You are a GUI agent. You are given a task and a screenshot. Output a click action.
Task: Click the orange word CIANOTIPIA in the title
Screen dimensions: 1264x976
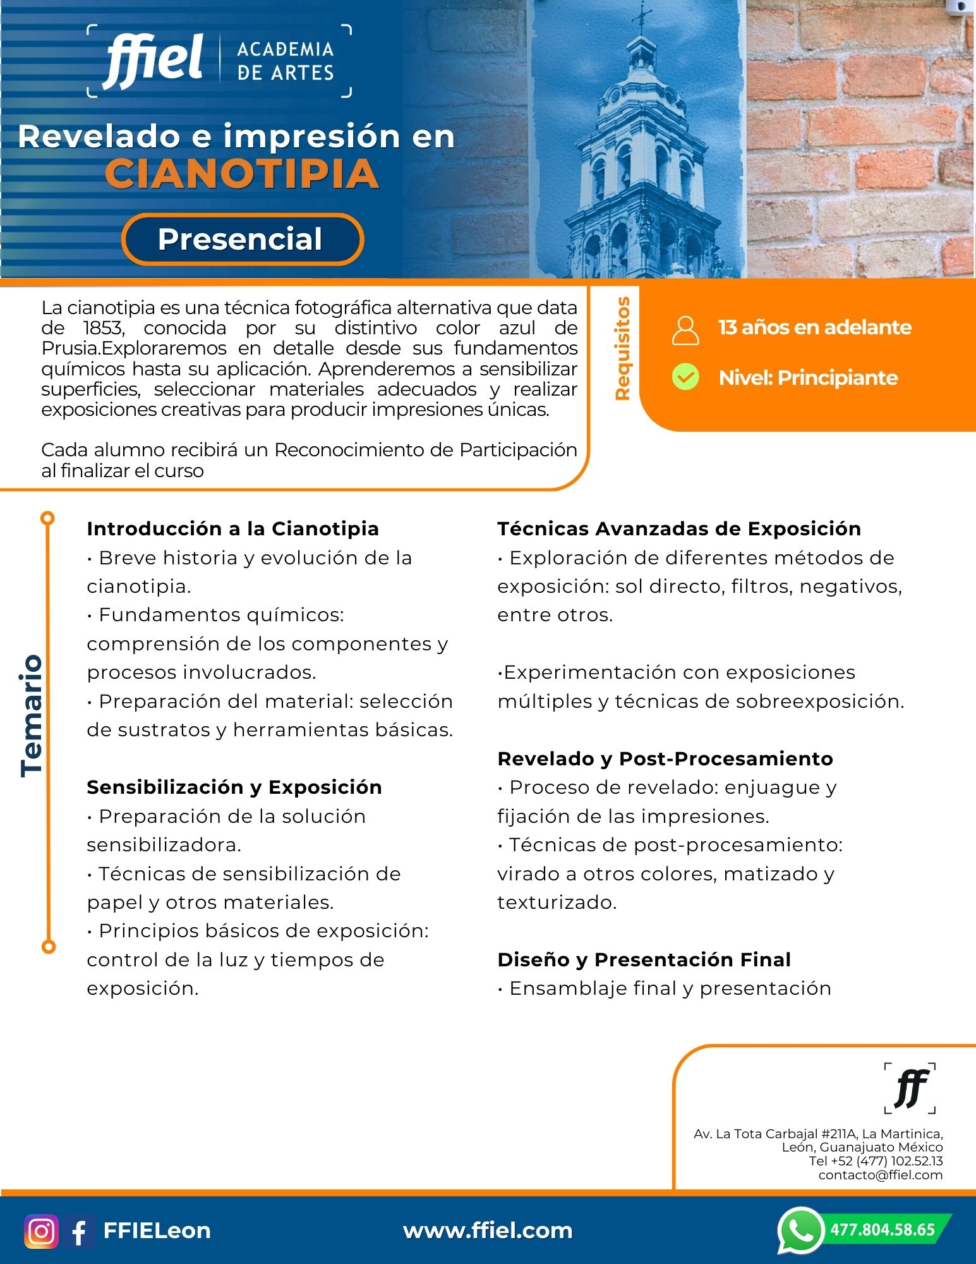tap(242, 174)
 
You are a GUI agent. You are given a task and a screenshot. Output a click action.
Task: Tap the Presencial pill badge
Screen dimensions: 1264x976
tap(242, 240)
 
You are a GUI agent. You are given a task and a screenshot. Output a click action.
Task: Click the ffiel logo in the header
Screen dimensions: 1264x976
tap(154, 61)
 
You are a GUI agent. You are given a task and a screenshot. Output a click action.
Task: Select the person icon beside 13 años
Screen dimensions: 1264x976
tap(685, 330)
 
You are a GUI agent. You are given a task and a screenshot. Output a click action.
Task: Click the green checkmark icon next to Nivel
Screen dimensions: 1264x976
tap(685, 377)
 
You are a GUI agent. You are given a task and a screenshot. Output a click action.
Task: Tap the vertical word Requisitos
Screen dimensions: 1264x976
tap(623, 348)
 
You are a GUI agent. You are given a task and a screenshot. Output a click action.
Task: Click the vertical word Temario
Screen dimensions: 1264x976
tap(32, 715)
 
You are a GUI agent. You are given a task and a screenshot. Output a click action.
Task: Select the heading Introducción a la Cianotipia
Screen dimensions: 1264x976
tap(232, 528)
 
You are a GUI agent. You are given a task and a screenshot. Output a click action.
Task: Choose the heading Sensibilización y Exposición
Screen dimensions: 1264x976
tap(234, 787)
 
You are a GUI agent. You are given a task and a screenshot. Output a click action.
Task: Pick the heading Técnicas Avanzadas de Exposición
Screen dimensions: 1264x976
tap(679, 528)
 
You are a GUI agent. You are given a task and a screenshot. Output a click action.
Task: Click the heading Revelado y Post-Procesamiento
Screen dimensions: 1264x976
tap(665, 758)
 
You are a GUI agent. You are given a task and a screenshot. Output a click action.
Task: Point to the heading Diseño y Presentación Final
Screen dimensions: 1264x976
tap(644, 959)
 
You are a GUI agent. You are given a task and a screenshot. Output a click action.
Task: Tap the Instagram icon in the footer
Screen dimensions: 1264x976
tap(42, 1231)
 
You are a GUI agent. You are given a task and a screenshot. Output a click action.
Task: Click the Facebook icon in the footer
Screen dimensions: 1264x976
tap(80, 1231)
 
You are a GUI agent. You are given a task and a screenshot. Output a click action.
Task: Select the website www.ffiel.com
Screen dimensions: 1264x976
tap(488, 1231)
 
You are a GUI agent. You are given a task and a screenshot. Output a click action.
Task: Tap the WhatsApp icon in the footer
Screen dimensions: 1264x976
tap(800, 1230)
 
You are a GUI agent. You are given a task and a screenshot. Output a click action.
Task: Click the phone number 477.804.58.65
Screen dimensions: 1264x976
tap(883, 1230)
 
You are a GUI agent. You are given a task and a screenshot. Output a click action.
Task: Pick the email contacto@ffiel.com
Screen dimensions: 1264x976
tap(880, 1175)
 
